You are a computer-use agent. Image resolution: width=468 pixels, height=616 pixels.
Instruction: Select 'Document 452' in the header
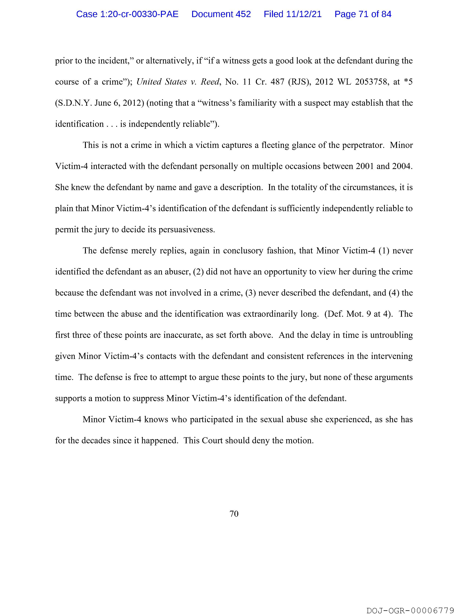[x=221, y=14]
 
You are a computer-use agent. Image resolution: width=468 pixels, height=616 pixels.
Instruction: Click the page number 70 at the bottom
[x=234, y=514]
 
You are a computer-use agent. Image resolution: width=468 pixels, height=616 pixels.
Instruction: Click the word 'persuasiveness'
[x=186, y=230]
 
